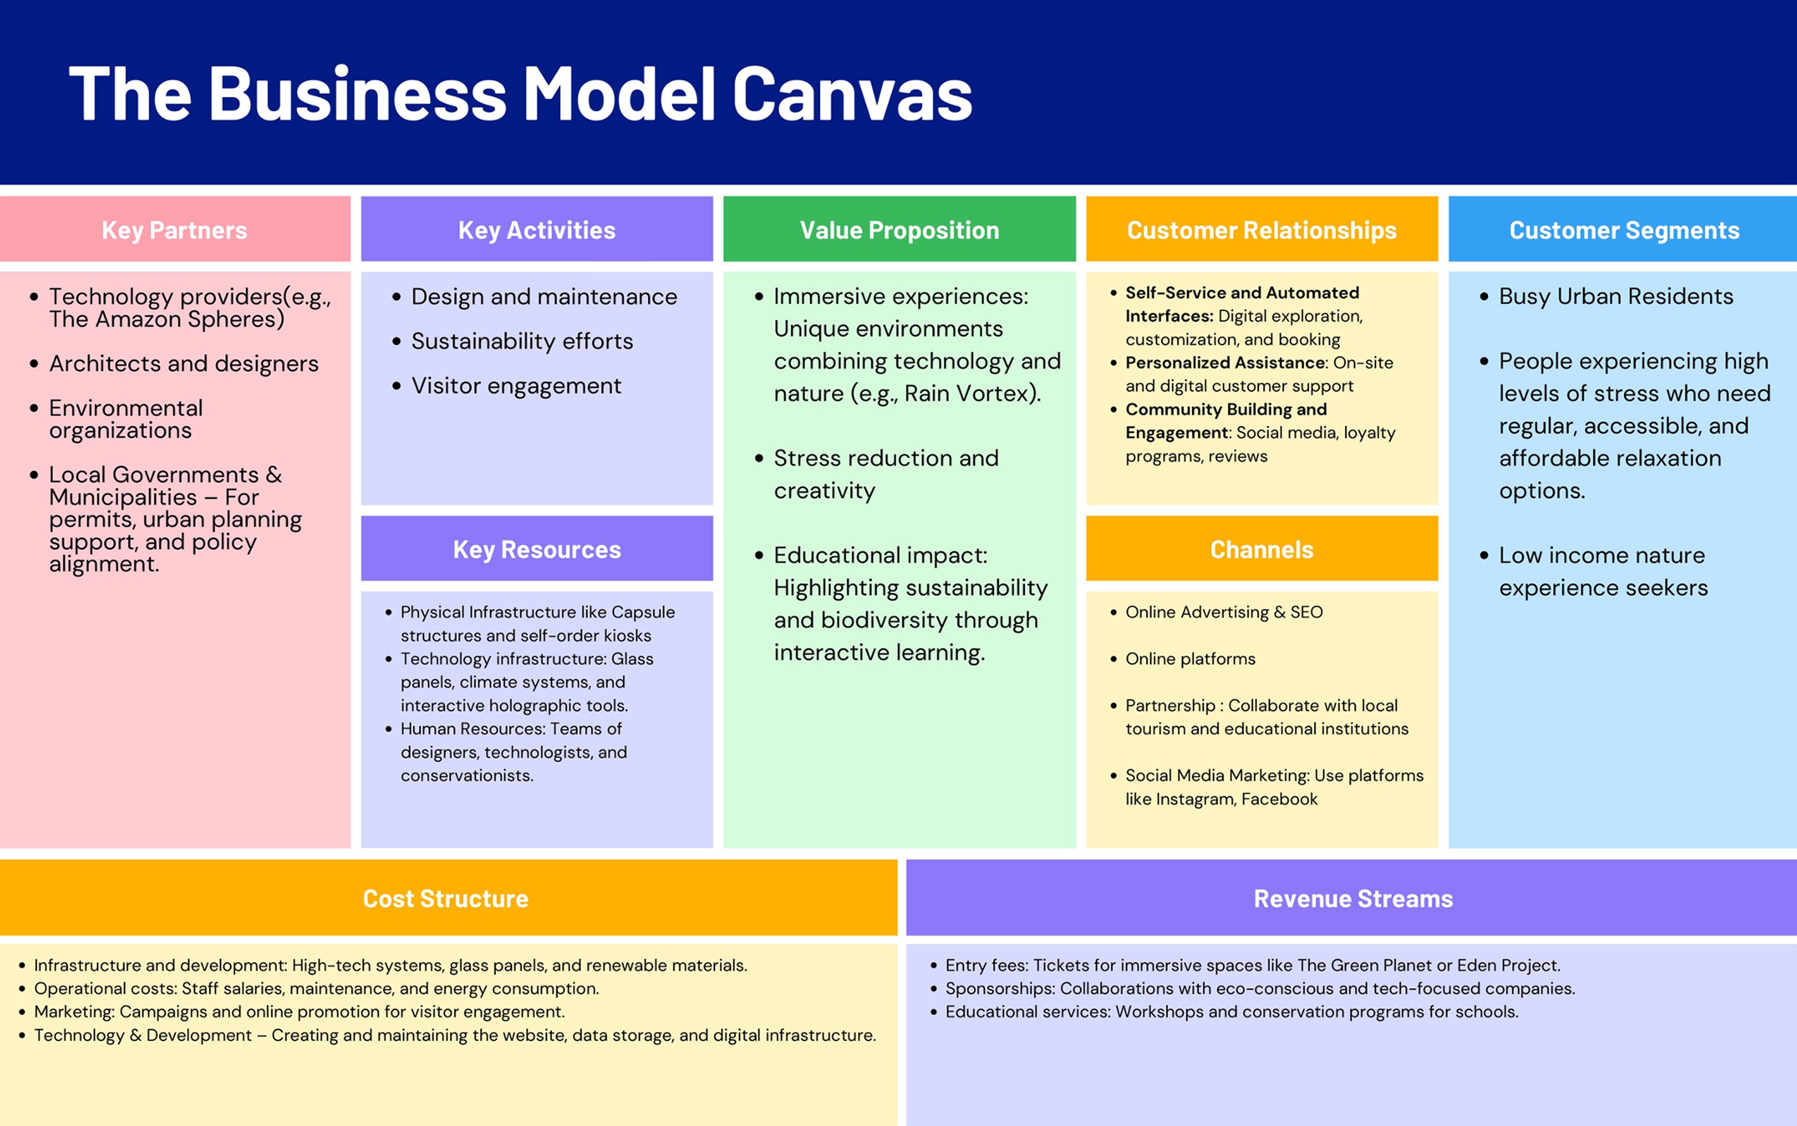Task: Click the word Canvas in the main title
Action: pos(853,94)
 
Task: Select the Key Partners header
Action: pos(174,230)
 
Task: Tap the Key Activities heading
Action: pos(536,230)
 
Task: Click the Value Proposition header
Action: pos(899,230)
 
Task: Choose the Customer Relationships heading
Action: pos(1262,230)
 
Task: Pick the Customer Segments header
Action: pos(1624,230)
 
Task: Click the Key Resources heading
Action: pos(536,550)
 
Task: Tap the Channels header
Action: pos(1262,550)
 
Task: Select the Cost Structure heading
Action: pos(445,899)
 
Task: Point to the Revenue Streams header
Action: pos(1352,899)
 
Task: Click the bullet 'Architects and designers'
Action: pos(183,363)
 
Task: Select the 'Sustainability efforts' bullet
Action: pos(522,341)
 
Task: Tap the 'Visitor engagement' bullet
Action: pos(516,386)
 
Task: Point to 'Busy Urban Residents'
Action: pos(1615,296)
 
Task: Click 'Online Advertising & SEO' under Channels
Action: pos(1224,612)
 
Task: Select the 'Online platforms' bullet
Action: pos(1189,659)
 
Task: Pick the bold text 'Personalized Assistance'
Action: pos(1226,363)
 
